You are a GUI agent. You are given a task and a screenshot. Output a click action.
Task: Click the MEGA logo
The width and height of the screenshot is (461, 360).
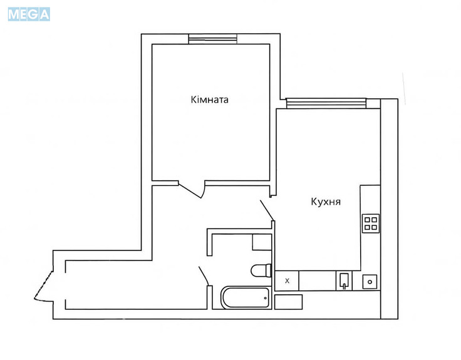pos(29,14)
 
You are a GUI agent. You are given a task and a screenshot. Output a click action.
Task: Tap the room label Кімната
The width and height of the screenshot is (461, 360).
pos(209,100)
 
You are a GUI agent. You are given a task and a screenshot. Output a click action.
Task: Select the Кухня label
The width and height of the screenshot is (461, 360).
pos(326,202)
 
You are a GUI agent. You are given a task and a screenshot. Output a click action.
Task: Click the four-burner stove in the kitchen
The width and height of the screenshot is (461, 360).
pos(370,224)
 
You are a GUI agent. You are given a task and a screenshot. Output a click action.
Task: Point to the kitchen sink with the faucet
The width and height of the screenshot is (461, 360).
pos(344,281)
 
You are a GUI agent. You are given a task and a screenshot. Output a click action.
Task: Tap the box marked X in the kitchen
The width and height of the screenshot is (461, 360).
pos(287,280)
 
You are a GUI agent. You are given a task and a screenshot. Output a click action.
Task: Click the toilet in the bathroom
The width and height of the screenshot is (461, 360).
pos(261,270)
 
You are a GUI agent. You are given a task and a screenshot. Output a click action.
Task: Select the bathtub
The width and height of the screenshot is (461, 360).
pos(246,297)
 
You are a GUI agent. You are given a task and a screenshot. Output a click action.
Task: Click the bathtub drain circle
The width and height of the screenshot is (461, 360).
pos(265,298)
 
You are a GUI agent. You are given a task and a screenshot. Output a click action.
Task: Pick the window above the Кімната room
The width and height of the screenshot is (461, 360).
pos(212,39)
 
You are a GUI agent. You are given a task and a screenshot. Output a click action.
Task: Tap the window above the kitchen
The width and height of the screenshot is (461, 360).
pos(326,103)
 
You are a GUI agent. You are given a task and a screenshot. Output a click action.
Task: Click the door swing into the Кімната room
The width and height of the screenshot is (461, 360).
pos(192,190)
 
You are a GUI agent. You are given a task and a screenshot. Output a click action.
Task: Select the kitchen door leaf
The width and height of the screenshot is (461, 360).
pos(267,210)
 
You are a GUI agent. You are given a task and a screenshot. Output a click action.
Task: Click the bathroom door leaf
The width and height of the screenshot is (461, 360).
pos(204,276)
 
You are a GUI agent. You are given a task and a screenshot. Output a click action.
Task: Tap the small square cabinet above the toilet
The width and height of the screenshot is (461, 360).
pos(262,242)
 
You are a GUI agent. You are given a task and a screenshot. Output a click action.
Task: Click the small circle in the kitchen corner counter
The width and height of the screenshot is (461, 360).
pos(370,282)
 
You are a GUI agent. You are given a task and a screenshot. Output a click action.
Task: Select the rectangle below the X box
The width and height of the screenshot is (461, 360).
pos(288,302)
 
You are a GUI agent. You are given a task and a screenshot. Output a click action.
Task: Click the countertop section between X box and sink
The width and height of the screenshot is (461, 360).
pos(317,280)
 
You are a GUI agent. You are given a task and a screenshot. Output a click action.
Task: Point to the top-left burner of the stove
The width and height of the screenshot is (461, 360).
pos(367,220)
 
